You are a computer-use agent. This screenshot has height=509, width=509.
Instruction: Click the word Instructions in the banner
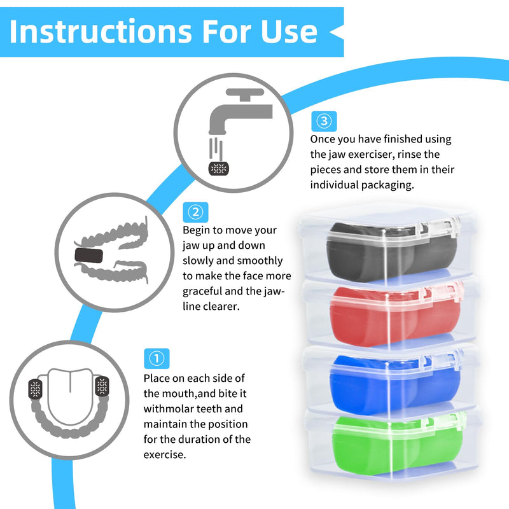click(x=101, y=31)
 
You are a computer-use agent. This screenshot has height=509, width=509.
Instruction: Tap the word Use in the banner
click(x=289, y=31)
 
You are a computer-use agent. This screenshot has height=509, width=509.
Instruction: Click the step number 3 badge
click(x=324, y=121)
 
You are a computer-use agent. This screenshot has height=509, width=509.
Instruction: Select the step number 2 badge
click(x=195, y=213)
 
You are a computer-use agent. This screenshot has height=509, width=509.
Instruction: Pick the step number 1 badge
click(x=157, y=359)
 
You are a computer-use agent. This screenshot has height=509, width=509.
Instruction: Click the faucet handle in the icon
click(x=245, y=94)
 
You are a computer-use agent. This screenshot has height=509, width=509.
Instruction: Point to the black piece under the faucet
click(x=218, y=169)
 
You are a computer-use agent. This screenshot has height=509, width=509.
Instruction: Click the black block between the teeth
click(x=88, y=256)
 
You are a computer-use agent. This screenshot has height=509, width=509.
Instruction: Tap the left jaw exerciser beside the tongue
click(x=36, y=389)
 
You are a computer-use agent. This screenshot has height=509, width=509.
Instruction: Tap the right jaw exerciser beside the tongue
click(x=102, y=386)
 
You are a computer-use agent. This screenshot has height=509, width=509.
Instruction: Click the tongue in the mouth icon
click(x=70, y=396)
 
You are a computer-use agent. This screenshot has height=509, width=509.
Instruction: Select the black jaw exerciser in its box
click(x=392, y=251)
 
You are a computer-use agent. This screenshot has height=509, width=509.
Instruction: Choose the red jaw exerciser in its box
click(x=395, y=316)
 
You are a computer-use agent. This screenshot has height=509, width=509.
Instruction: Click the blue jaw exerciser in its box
click(x=394, y=384)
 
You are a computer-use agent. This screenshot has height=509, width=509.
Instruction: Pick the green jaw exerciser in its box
click(x=397, y=445)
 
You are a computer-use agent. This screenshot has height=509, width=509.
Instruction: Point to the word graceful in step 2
click(x=202, y=291)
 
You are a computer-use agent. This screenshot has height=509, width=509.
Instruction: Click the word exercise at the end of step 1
click(x=165, y=455)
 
